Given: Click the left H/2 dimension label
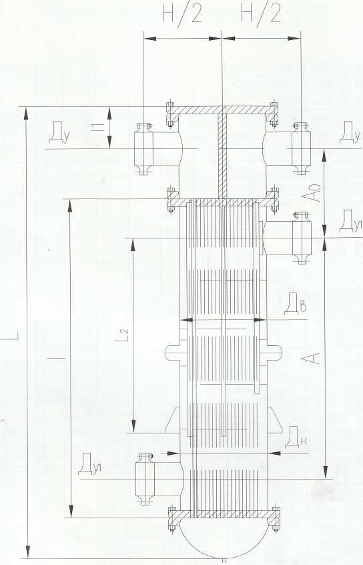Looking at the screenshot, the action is pyautogui.click(x=182, y=14).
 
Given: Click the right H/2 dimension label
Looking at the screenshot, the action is pyautogui.click(x=260, y=14).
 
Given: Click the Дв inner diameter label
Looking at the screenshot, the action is pyautogui.click(x=296, y=304).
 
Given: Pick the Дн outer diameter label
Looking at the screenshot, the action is pyautogui.click(x=296, y=437).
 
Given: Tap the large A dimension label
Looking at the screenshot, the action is pyautogui.click(x=311, y=358).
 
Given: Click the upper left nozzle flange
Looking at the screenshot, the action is pyautogui.click(x=143, y=149).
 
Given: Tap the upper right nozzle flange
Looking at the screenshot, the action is pyautogui.click(x=301, y=149).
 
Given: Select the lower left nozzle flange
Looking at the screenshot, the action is pyautogui.click(x=145, y=479).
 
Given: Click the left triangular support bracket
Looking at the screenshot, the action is pyautogui.click(x=173, y=420).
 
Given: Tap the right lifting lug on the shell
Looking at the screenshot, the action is pyautogui.click(x=274, y=353).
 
